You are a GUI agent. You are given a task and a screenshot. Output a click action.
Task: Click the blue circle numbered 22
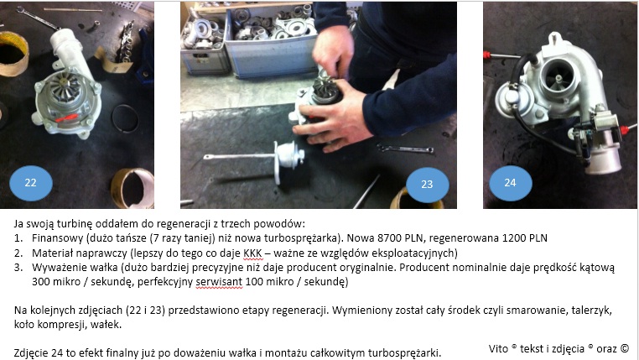pyautogui.click(x=30, y=183)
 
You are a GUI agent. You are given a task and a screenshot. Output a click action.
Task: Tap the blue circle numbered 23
pyautogui.click(x=427, y=185)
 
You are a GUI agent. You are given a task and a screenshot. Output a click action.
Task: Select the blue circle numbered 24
pyautogui.click(x=510, y=183)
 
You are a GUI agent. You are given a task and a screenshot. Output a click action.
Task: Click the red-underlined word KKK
pyautogui.click(x=252, y=253)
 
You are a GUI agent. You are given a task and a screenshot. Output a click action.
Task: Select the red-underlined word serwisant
pyautogui.click(x=219, y=282)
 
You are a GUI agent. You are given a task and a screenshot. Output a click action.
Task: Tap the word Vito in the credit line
pyautogui.click(x=498, y=348)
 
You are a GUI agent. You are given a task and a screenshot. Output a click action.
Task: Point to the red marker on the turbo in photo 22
pyautogui.click(x=66, y=118)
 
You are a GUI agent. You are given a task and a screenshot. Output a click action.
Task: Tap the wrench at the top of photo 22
pyautogui.click(x=38, y=18)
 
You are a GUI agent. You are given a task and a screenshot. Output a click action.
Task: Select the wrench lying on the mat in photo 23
pyautogui.click(x=405, y=149)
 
